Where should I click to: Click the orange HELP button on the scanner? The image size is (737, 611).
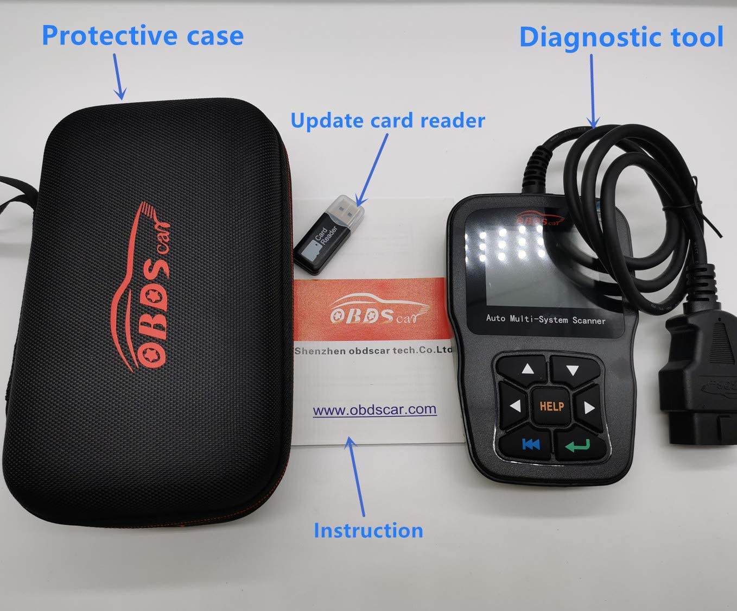pyautogui.click(x=552, y=406)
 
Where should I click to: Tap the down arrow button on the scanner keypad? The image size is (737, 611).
pyautogui.click(x=574, y=370)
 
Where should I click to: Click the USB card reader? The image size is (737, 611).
pyautogui.click(x=329, y=234)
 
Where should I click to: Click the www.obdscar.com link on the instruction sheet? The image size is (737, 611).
pyautogui.click(x=374, y=410)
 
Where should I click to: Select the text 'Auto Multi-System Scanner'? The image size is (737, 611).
pyautogui.click(x=545, y=319)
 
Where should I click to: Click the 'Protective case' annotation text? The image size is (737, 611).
pyautogui.click(x=143, y=36)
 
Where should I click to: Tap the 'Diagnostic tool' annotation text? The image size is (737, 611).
pyautogui.click(x=621, y=37)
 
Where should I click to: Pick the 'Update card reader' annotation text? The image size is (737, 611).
pyautogui.click(x=387, y=121)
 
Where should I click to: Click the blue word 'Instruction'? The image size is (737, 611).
pyautogui.click(x=368, y=530)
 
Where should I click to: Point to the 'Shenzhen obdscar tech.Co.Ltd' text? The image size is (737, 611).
pyautogui.click(x=373, y=350)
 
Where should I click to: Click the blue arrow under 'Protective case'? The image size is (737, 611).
pyautogui.click(x=119, y=76)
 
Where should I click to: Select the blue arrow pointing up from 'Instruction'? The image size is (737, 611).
pyautogui.click(x=355, y=477)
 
